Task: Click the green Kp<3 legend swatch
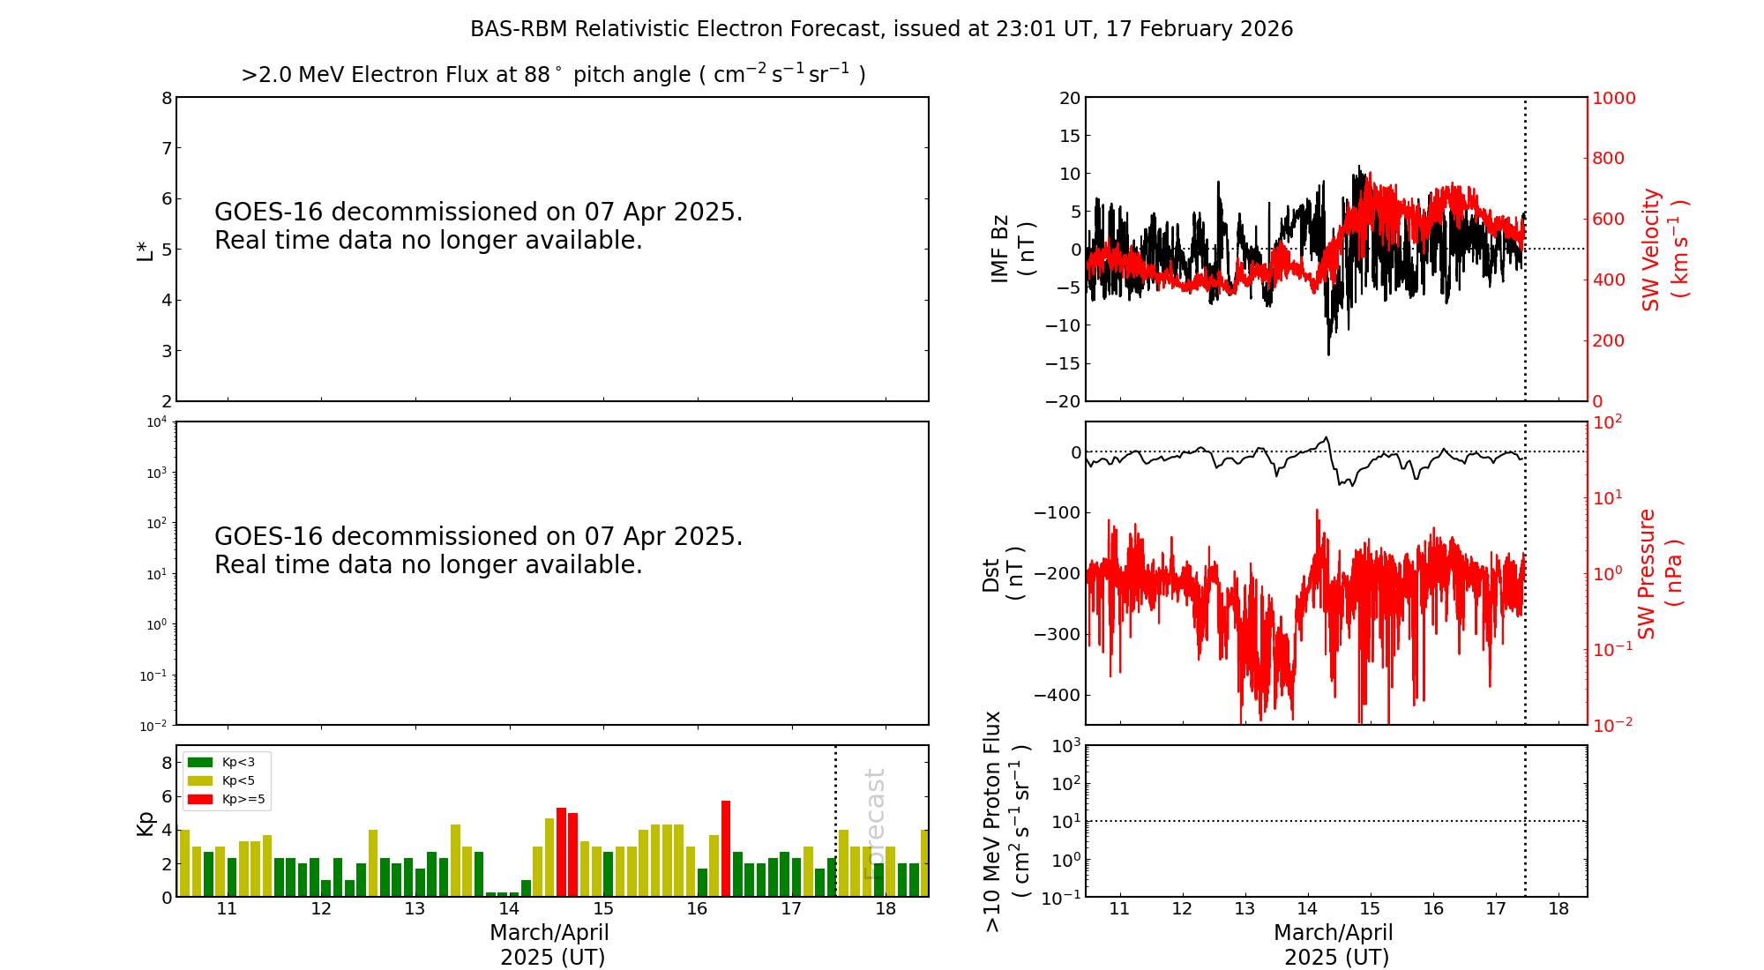[200, 762]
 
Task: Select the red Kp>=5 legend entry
[226, 800]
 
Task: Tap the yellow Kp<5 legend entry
[226, 780]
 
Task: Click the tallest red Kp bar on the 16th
[726, 847]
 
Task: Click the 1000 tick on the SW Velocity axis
[1613, 98]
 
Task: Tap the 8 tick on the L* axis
[166, 98]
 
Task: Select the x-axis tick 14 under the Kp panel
[509, 909]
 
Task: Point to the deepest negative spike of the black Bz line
[1328, 354]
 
